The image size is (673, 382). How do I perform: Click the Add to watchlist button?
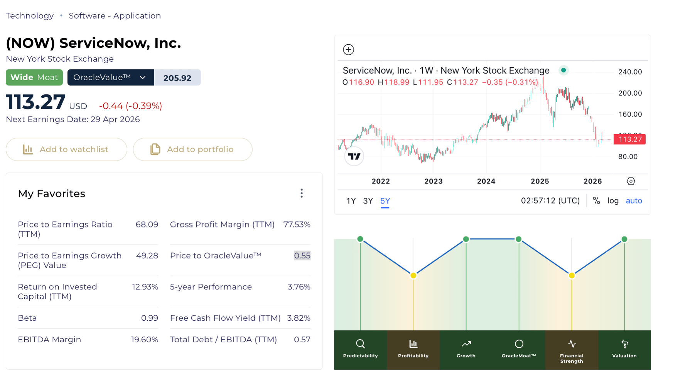66,150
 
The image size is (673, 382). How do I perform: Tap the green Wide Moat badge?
34,77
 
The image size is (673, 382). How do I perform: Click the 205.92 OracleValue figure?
177,78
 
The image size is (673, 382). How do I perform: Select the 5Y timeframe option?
385,201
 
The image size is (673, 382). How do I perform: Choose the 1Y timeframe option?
351,201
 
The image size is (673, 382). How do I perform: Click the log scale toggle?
613,201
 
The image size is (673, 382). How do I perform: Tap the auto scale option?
634,201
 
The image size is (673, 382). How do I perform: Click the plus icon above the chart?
348,50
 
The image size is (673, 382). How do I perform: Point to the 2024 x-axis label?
486,181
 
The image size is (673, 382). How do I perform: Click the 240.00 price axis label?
630,72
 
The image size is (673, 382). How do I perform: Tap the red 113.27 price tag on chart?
629,139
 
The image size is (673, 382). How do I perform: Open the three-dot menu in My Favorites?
302,193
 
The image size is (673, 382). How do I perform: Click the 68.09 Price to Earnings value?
147,224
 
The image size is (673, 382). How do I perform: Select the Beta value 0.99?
150,318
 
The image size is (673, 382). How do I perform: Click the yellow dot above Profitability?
413,276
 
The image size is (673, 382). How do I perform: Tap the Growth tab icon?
466,344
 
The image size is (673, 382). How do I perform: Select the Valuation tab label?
624,356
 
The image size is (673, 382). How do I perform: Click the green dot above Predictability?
360,239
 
